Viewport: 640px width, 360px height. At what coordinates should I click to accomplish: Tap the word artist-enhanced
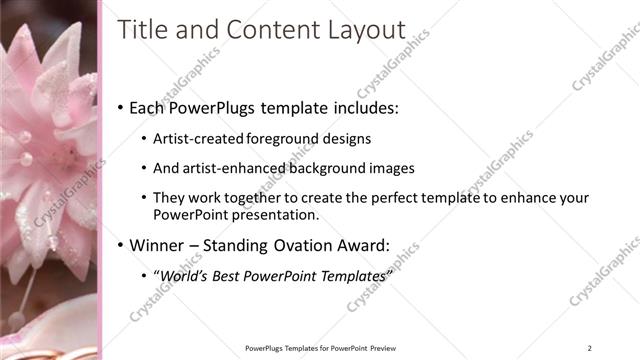pyautogui.click(x=232, y=169)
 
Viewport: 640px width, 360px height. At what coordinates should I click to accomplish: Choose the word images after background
pyautogui.click(x=392, y=169)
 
